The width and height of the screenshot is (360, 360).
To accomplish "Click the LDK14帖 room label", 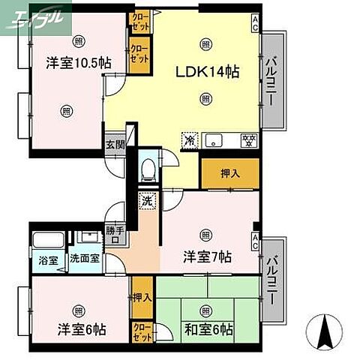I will point(208,72).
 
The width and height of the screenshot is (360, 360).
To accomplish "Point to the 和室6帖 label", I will point(208,329).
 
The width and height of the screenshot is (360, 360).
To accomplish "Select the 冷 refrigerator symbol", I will point(190,139).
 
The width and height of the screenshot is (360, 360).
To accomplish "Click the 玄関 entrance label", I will point(114,145).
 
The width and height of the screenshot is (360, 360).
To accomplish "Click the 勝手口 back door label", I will point(115,235).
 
